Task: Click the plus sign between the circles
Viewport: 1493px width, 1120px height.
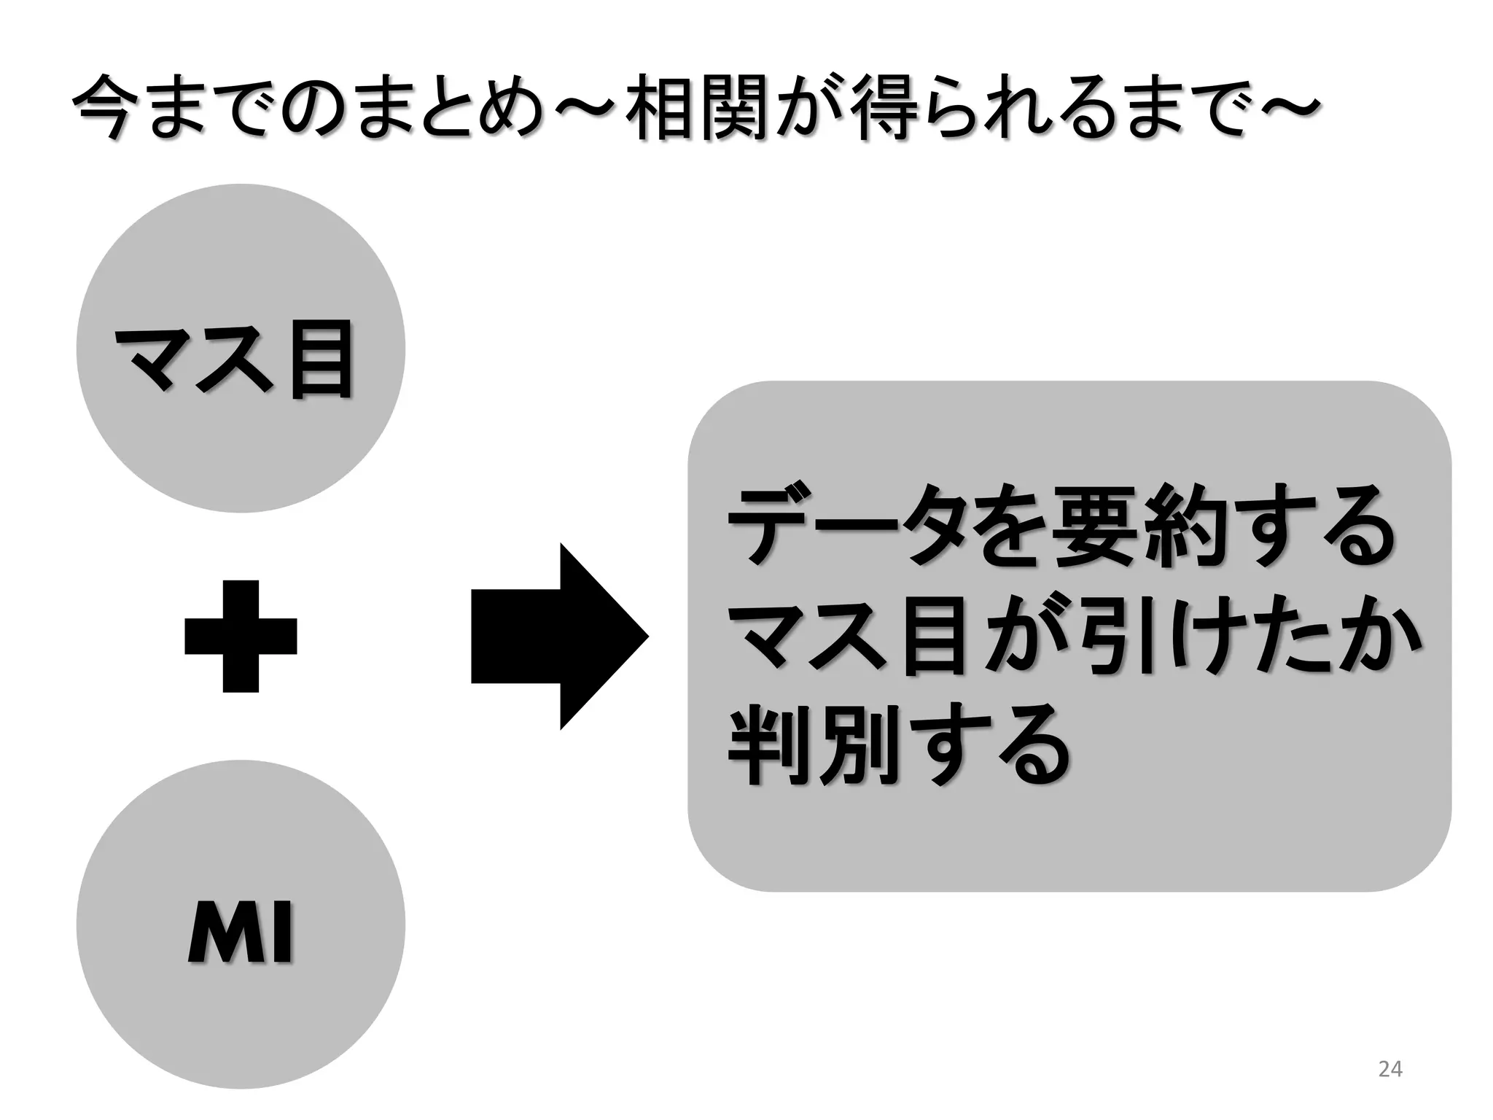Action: (x=241, y=636)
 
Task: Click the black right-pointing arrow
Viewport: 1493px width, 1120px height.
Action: (x=559, y=636)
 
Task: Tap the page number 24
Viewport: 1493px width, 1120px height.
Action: (x=1389, y=1069)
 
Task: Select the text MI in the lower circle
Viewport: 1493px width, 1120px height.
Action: (x=241, y=933)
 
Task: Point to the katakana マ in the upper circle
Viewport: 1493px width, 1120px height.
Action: (x=157, y=360)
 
